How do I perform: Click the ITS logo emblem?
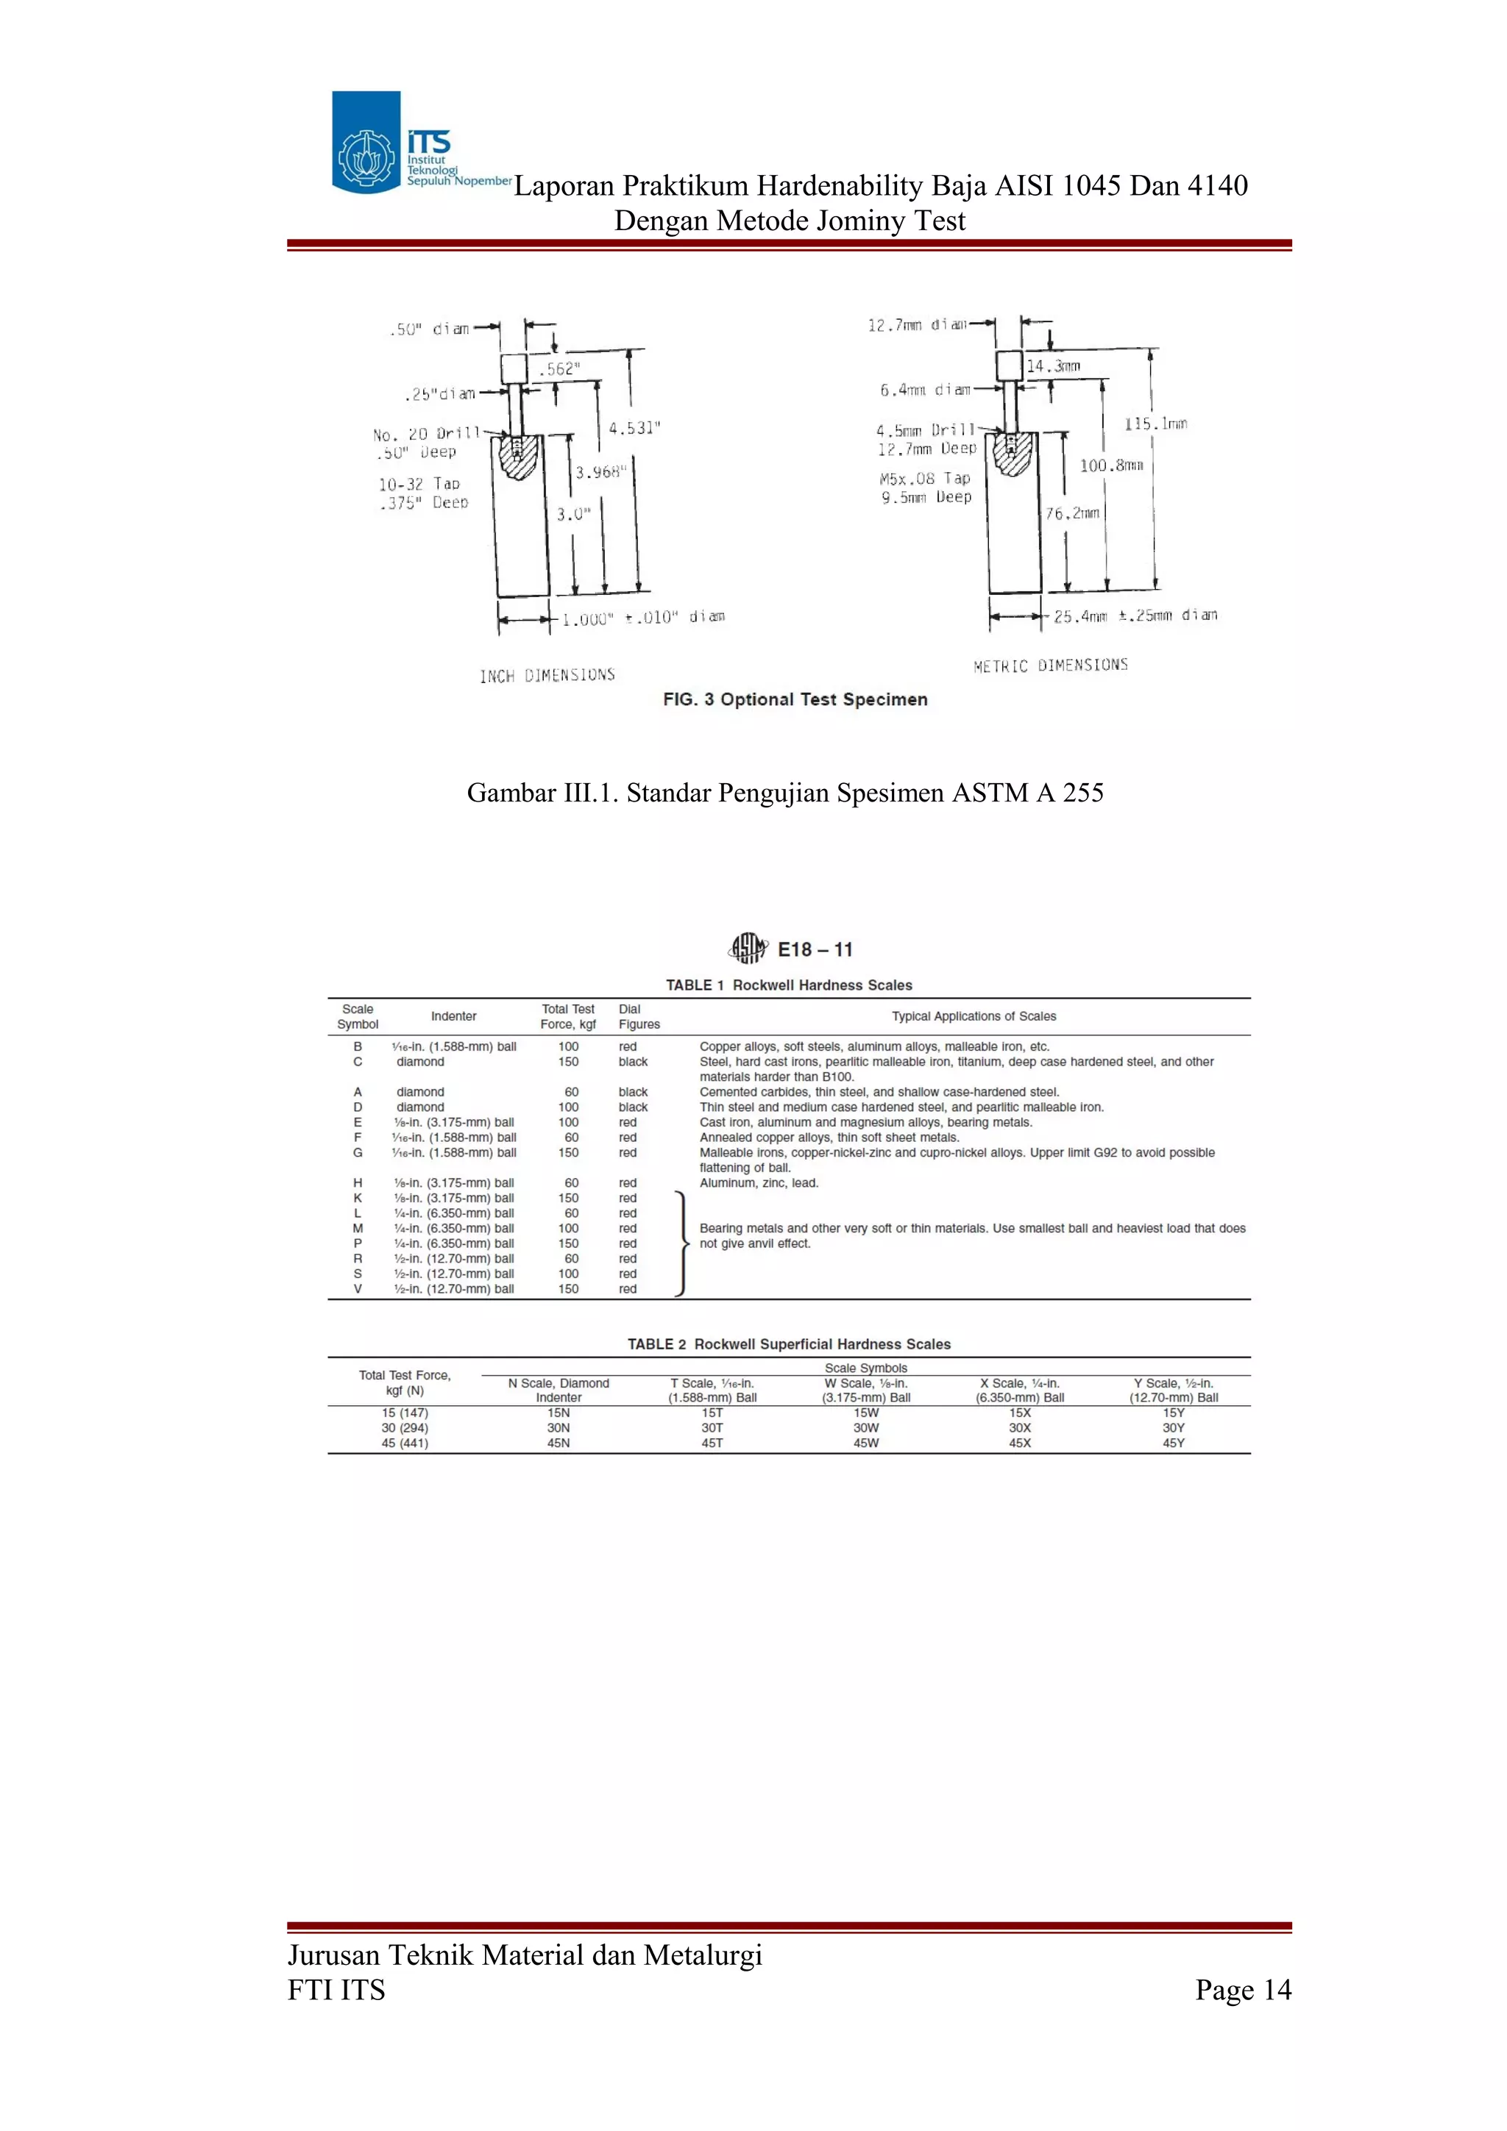point(366,142)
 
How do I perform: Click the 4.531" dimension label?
point(634,428)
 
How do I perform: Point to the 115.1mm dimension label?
point(1156,424)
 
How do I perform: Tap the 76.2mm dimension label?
point(1072,513)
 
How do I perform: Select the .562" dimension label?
point(559,369)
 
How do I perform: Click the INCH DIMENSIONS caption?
point(547,676)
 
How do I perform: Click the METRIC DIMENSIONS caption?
point(1050,665)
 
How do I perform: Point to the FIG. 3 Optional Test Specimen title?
point(795,700)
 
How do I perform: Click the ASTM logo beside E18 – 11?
point(748,948)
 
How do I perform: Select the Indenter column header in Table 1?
point(454,1016)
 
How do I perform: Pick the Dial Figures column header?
point(639,1016)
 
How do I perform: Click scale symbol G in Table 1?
point(358,1153)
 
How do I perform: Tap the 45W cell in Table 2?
point(866,1443)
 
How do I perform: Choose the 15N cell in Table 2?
point(558,1413)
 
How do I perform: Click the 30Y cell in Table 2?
point(1174,1429)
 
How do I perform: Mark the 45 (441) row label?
point(405,1443)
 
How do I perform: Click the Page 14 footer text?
point(1244,1990)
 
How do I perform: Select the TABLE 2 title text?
point(790,1344)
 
